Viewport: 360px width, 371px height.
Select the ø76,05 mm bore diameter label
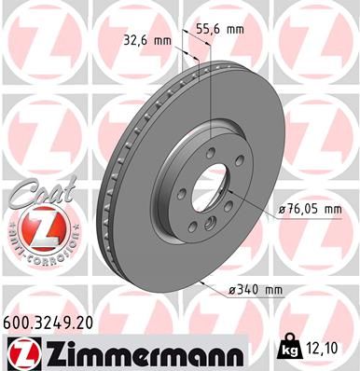point(309,210)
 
